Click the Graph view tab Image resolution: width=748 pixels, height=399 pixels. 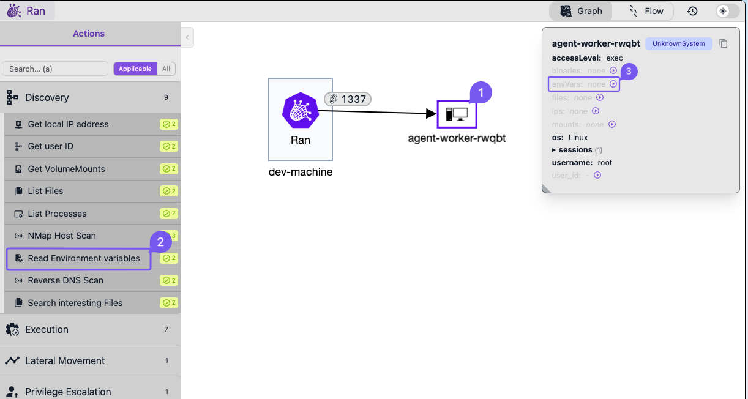[x=581, y=11]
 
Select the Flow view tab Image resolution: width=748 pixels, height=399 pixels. [x=646, y=11]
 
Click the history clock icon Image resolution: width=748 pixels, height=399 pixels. [x=692, y=11]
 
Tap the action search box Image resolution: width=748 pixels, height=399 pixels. [x=55, y=69]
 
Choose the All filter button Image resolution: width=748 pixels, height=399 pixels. [x=166, y=69]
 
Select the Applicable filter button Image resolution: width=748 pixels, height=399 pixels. [x=135, y=69]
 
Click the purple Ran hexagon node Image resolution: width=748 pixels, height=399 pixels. [x=300, y=111]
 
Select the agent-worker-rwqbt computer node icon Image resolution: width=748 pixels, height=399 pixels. [x=457, y=114]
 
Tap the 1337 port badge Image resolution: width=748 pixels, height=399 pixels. [x=348, y=99]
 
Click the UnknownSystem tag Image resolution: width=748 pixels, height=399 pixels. [x=679, y=43]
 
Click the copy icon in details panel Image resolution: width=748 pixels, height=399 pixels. [x=724, y=43]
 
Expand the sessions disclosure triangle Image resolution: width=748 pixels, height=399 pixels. [x=553, y=150]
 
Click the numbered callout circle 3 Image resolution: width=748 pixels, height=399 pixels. [x=629, y=71]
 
